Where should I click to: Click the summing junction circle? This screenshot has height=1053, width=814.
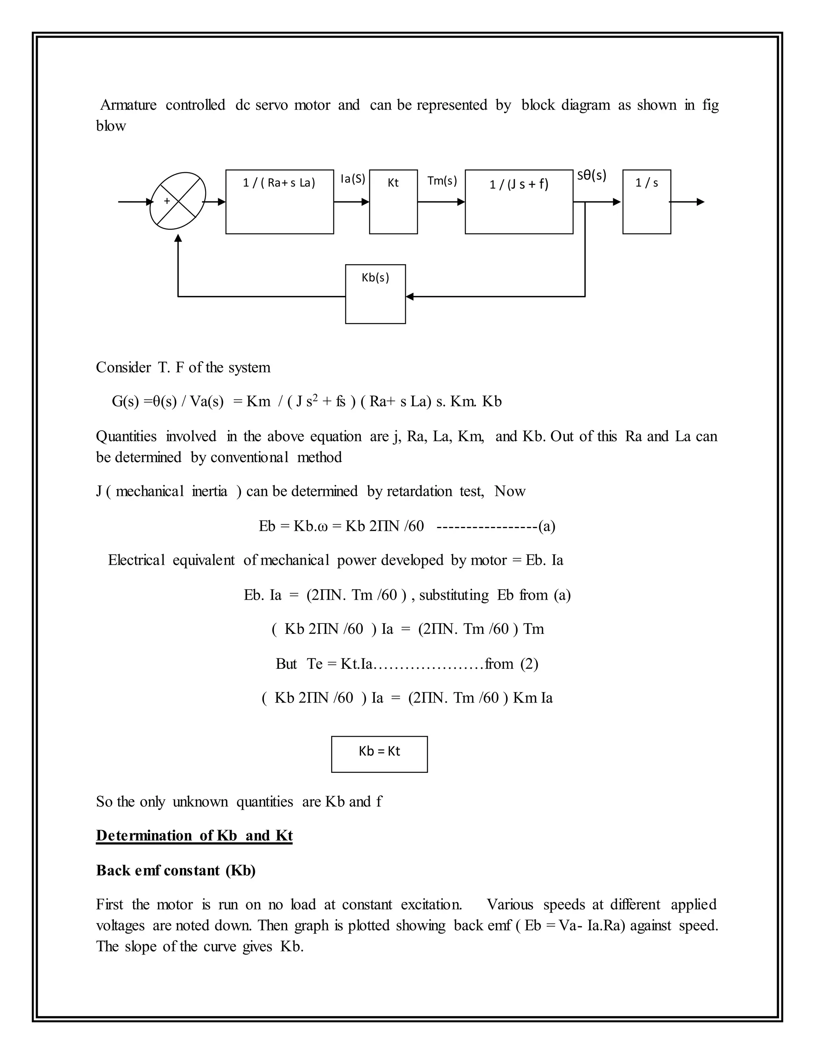point(178,201)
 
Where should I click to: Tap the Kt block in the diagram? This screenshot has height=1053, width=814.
point(393,201)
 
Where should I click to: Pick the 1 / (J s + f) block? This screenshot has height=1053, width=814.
point(519,201)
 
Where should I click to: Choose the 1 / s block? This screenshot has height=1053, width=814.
point(646,201)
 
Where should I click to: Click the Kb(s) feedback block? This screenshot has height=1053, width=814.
point(375,294)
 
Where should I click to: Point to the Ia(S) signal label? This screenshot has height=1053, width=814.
point(353,179)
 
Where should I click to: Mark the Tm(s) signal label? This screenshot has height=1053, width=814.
point(442,181)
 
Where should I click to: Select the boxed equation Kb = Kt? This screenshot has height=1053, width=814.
point(379,754)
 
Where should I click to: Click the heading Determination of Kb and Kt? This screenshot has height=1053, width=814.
point(194,835)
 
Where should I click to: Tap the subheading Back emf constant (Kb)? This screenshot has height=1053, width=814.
point(176,870)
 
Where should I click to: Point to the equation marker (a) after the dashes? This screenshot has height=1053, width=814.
point(547,526)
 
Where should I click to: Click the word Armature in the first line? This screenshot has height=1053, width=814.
point(128,105)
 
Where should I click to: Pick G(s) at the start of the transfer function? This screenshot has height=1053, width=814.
point(125,401)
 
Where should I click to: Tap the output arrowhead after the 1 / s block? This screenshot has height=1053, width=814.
point(700,201)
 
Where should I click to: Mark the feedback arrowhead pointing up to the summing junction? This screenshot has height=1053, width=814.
point(178,238)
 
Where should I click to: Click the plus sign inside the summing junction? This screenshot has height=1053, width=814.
point(167,201)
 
